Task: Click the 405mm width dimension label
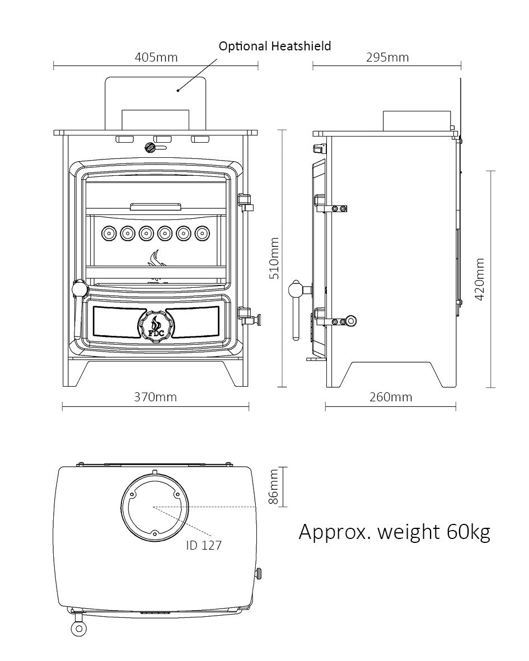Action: point(156,57)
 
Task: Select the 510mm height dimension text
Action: point(274,259)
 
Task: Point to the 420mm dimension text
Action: point(480,279)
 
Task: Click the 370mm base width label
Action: point(155,397)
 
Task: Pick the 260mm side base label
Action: point(390,397)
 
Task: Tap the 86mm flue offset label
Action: point(274,487)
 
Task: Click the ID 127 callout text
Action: point(204,545)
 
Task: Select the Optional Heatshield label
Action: point(274,46)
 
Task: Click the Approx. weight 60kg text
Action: point(394,531)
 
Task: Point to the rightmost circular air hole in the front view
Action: point(201,232)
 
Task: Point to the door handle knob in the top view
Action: point(78,629)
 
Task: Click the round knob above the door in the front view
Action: point(150,148)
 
